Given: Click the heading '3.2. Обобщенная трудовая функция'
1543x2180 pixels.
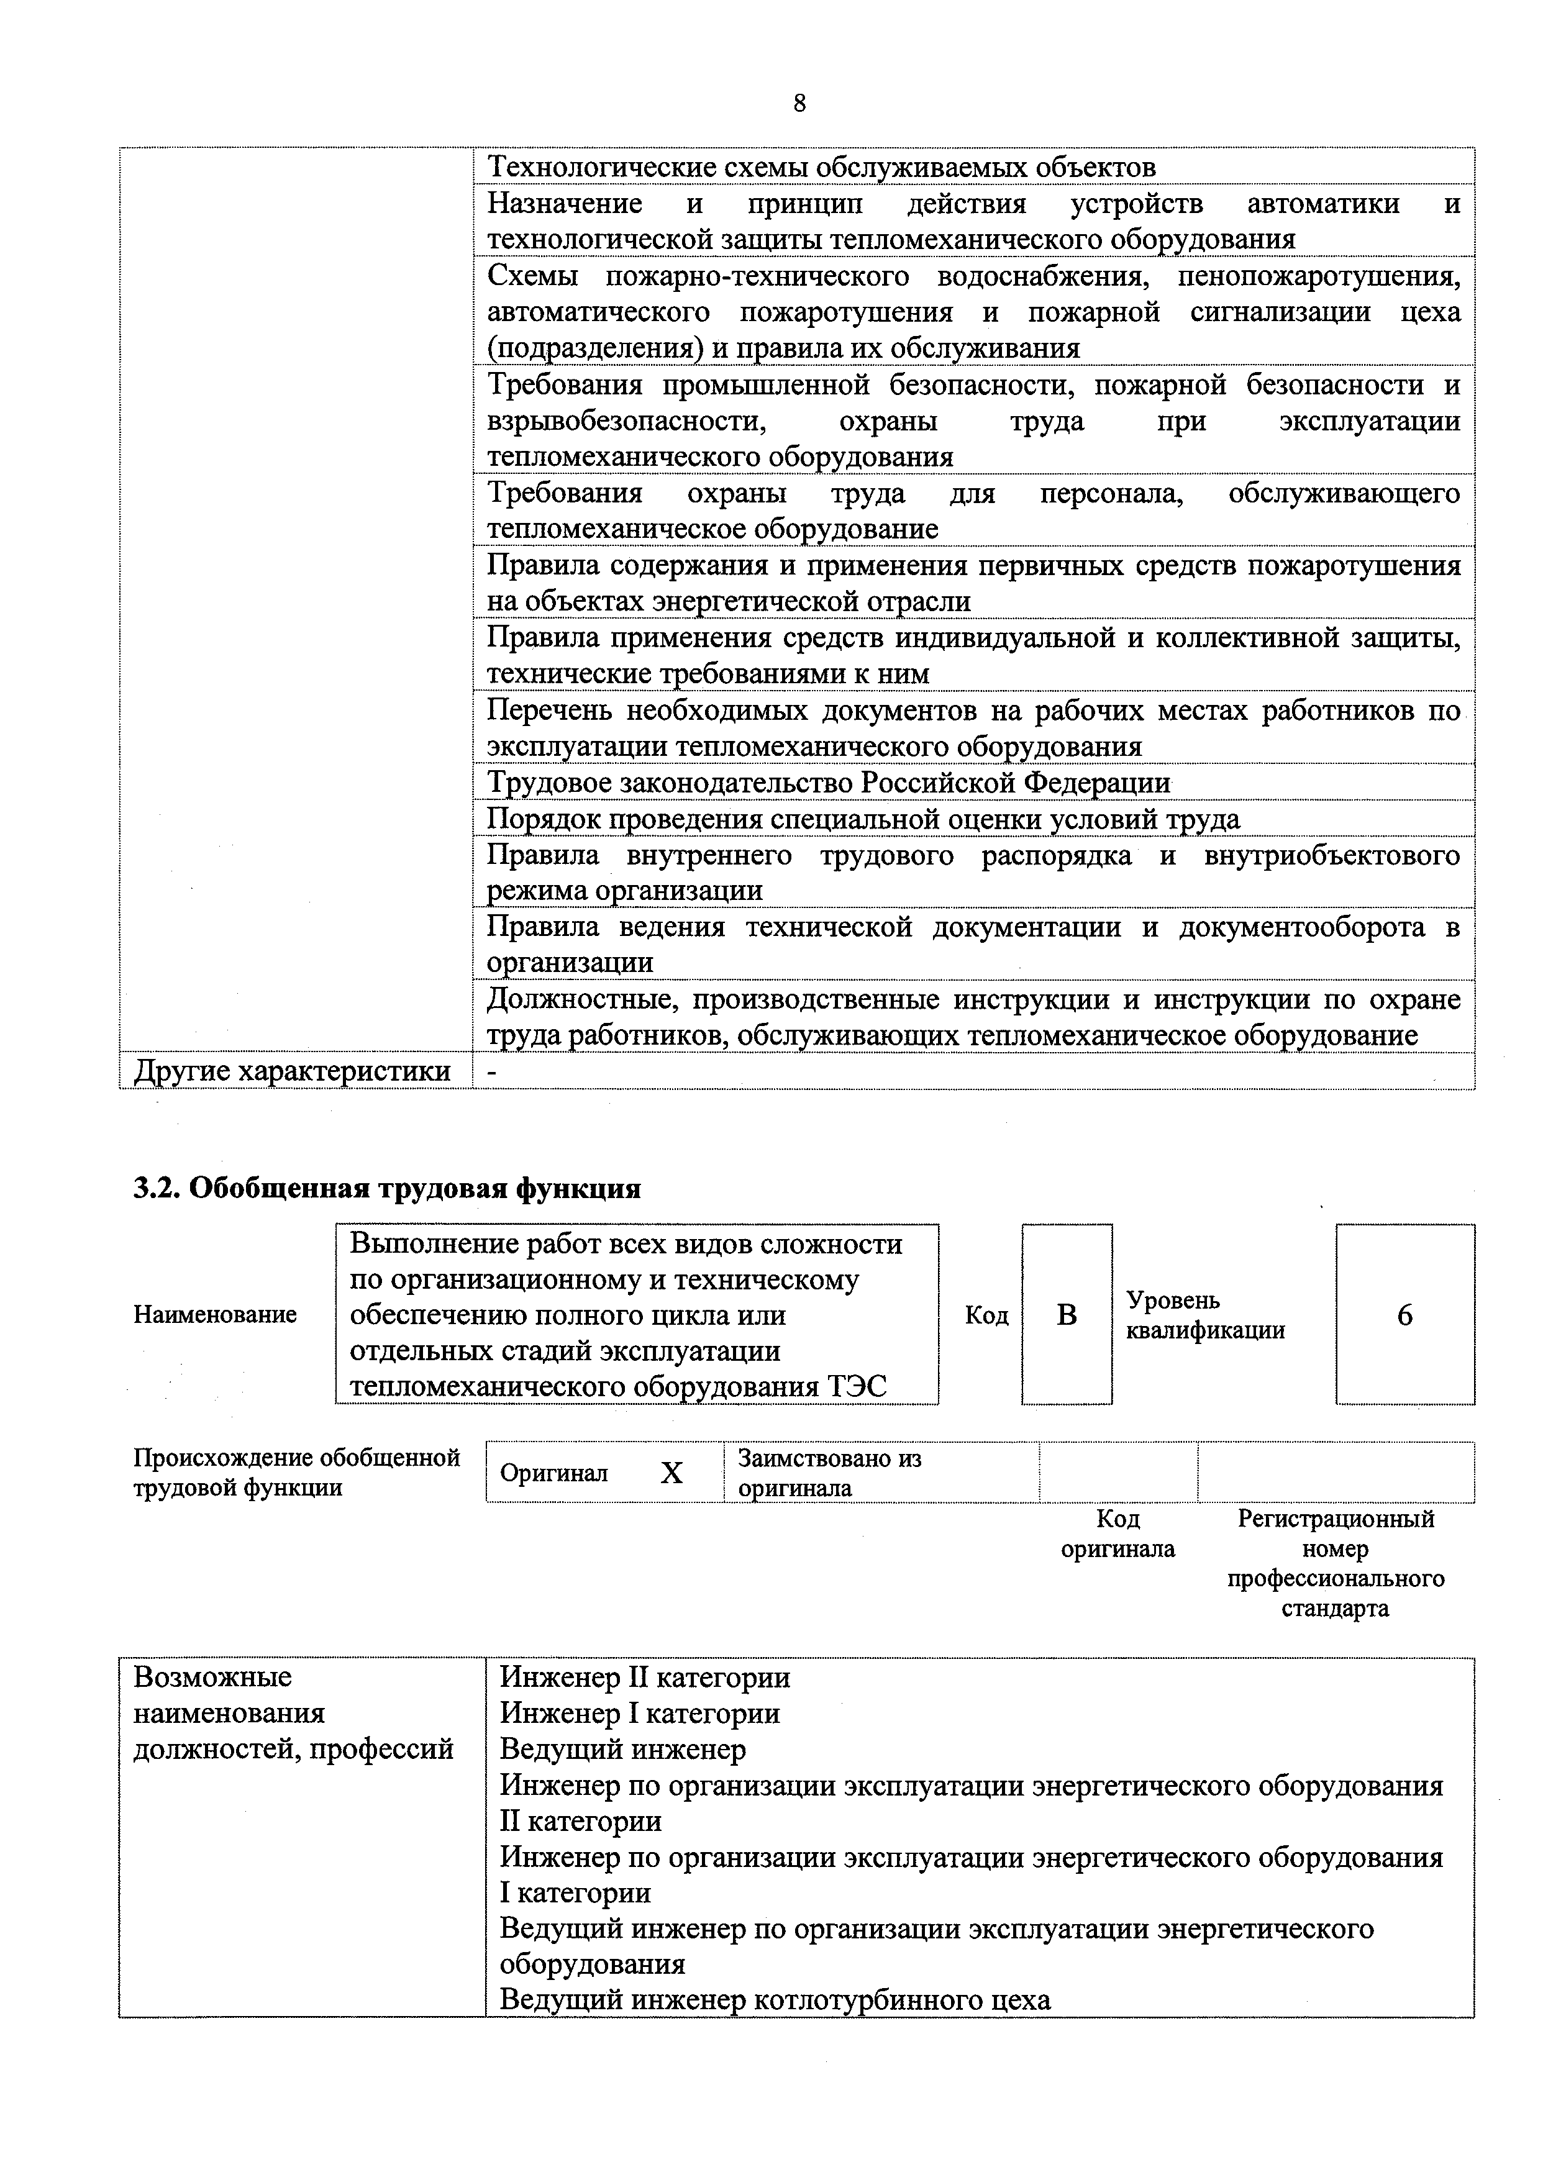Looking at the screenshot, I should [387, 1188].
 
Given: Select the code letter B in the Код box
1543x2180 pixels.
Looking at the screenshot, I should [1067, 1315].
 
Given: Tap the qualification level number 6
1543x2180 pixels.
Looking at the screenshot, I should [1404, 1315].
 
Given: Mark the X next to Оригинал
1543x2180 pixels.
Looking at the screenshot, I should [671, 1473].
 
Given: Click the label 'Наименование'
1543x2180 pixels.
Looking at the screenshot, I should [215, 1315].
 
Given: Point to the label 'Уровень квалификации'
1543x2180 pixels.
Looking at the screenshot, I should [1204, 1315].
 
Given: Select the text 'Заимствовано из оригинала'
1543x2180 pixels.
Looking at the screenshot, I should [829, 1473].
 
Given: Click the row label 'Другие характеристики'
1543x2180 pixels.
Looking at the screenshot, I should [293, 1071].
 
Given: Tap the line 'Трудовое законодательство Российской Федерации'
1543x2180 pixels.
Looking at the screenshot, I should [829, 783].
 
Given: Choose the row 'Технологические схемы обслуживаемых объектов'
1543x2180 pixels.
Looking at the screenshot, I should [821, 167].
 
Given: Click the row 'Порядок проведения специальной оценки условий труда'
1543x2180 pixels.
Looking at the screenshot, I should [863, 819].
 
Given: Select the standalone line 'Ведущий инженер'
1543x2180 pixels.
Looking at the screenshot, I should [622, 1749].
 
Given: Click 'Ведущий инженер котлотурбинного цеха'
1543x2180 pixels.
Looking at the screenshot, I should [775, 1999].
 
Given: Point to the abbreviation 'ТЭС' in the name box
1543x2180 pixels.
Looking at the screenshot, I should [857, 1387].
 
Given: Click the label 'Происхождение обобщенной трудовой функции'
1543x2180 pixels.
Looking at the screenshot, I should [296, 1473].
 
